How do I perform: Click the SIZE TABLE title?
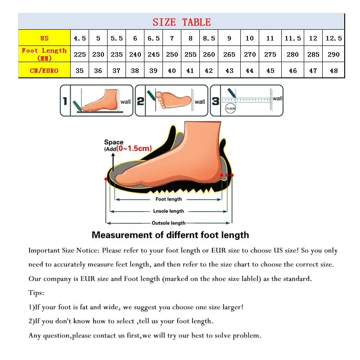pos(181,22)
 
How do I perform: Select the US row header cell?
pos(44,38)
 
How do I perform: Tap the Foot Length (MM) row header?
pos(44,54)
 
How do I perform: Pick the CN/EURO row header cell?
pos(44,71)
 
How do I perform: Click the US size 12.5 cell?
pos(333,38)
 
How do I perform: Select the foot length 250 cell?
pos(172,54)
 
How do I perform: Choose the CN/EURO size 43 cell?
pos(229,71)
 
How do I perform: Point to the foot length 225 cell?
pos(80,54)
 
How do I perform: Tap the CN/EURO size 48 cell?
pos(333,71)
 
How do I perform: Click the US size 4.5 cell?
pos(80,38)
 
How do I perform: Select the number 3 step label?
pos(216,101)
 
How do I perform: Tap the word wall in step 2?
pos(200,102)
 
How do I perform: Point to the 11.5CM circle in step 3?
pos(230,108)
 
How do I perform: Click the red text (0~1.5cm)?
pos(134,148)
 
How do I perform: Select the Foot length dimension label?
pos(169,199)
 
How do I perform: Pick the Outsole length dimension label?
pos(168,223)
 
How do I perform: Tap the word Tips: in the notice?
pos(36,293)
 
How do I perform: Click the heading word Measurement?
pos(122,235)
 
